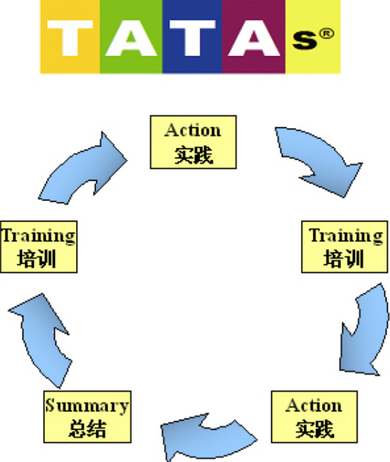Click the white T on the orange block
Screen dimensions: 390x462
(x=70, y=38)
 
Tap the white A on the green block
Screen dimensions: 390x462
(x=131, y=38)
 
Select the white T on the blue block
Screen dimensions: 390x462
(x=193, y=38)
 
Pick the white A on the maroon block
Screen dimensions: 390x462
(x=254, y=38)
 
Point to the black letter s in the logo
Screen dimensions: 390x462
(x=305, y=40)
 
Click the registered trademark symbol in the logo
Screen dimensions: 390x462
(x=327, y=34)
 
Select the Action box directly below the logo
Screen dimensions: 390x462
(x=193, y=142)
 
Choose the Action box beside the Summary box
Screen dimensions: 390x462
(x=314, y=416)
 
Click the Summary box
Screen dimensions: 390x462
(x=87, y=416)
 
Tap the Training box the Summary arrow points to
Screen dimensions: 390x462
(x=39, y=247)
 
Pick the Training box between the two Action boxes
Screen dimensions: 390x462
(x=344, y=247)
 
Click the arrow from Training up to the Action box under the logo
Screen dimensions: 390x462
(x=82, y=168)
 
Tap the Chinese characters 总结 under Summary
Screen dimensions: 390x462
(x=87, y=429)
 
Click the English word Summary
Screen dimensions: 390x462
(x=87, y=406)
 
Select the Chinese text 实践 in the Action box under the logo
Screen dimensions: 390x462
(x=193, y=155)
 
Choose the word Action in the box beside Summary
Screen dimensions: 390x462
(x=314, y=406)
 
